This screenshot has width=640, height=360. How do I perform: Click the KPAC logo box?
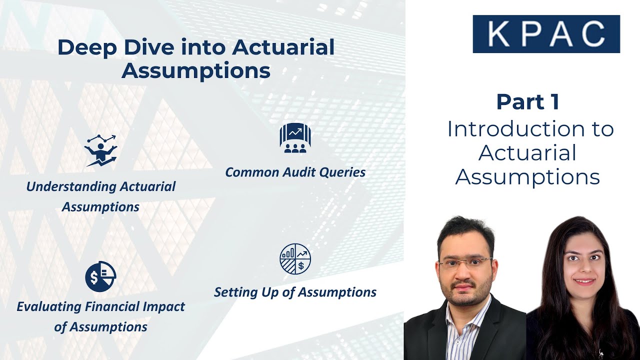546,34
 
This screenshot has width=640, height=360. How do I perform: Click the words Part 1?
527,102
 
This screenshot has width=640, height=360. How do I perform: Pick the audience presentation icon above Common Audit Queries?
295,138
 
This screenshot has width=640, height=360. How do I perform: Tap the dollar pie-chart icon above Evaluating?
100,276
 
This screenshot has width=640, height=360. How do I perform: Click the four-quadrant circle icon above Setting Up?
295,259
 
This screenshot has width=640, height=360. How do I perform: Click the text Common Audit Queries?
295,172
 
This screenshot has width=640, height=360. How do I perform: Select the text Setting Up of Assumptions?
295,292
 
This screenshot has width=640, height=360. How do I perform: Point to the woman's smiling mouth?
583,281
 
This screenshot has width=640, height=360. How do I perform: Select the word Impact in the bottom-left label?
162,307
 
